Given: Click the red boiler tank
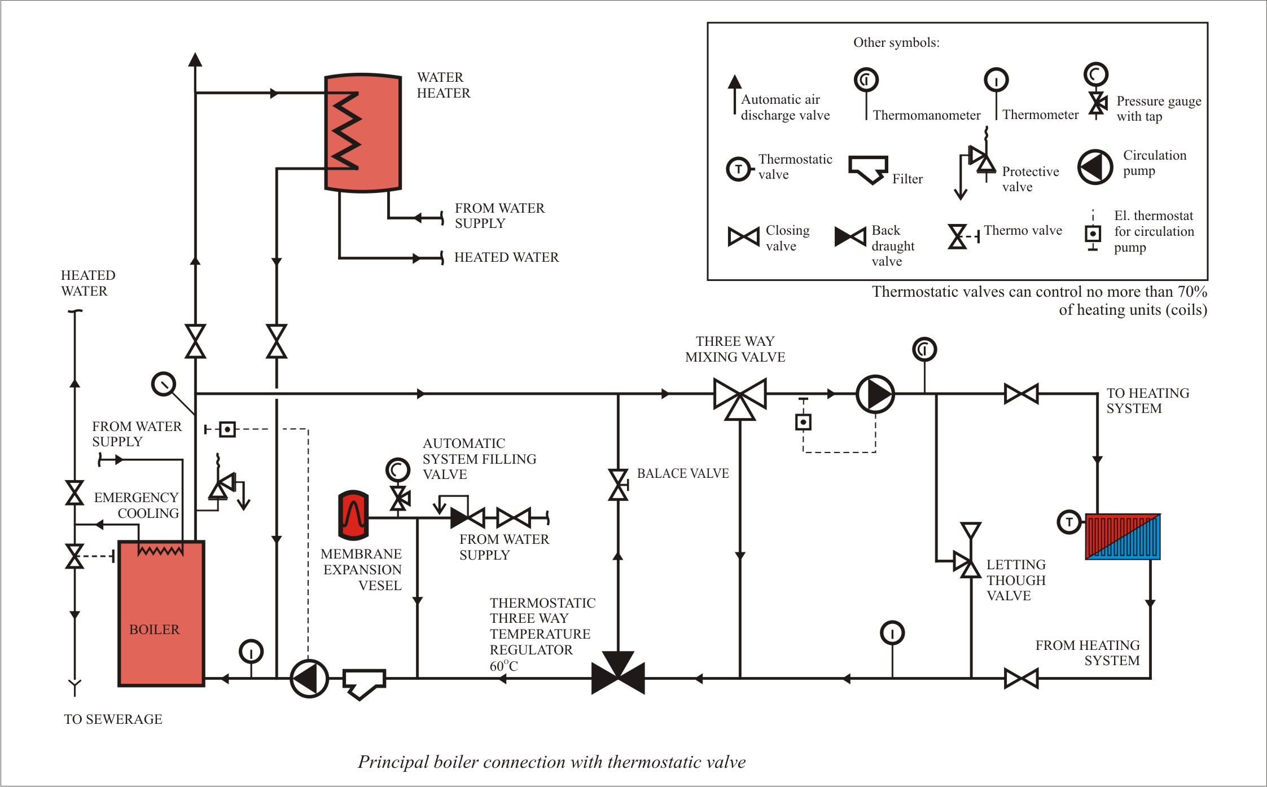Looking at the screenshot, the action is tap(161, 613).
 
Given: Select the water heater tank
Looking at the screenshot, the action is tap(363, 133).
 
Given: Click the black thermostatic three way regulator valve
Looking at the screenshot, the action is tap(618, 672).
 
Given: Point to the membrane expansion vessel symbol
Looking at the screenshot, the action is tap(353, 515).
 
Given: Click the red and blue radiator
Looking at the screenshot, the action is tap(1123, 537).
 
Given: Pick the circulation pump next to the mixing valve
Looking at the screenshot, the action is tap(875, 394).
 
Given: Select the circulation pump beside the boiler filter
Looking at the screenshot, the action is tap(309, 678).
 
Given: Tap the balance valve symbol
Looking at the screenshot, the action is tap(618, 485).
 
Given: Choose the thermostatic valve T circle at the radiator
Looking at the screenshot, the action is tap(1069, 522).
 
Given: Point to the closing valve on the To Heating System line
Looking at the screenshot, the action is tap(1022, 394).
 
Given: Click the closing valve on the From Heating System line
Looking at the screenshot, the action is tap(1022, 679).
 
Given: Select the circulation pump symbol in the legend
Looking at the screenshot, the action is tap(1095, 167).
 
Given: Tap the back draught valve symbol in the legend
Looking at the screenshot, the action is tap(850, 237).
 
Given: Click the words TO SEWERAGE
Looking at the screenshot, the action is tap(113, 719).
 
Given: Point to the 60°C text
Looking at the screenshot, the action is tap(503, 666).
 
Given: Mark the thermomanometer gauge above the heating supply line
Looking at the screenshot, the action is tap(924, 349).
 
